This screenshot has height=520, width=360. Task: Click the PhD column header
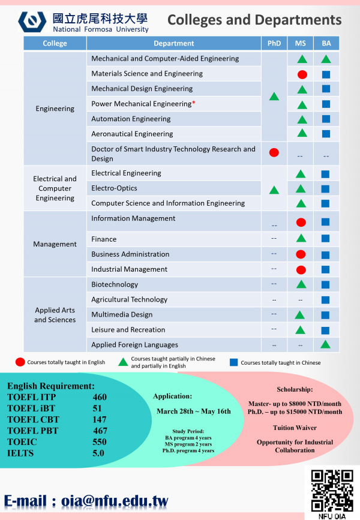click(x=274, y=43)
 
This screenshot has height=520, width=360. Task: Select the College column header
click(x=55, y=43)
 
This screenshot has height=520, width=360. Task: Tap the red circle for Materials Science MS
click(x=302, y=74)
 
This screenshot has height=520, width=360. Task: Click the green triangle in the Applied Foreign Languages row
click(x=326, y=344)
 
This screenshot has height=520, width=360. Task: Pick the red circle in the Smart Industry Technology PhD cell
click(x=274, y=152)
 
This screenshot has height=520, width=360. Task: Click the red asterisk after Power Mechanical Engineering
click(x=194, y=104)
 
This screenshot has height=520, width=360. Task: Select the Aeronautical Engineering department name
click(x=132, y=134)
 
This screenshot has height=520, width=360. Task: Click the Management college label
click(x=55, y=244)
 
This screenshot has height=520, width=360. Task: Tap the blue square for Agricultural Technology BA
click(x=326, y=299)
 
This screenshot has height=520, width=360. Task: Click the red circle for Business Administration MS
click(x=302, y=254)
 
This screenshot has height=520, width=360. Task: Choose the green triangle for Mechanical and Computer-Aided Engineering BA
click(x=326, y=59)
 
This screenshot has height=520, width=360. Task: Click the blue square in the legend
click(x=234, y=362)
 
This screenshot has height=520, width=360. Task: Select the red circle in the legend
click(x=20, y=362)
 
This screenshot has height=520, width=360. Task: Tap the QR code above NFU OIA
click(x=332, y=489)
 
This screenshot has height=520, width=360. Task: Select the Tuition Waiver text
click(x=295, y=428)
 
